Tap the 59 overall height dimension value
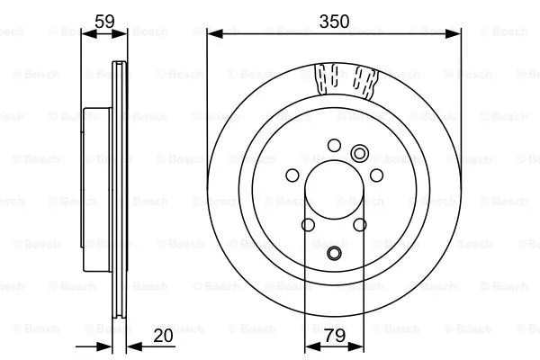pos(104,18)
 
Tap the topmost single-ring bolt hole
pos(335,144)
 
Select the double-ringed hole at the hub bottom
pos(335,254)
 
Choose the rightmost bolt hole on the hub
pos(377,175)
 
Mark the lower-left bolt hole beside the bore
pos(308,226)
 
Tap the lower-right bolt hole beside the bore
pos(361,226)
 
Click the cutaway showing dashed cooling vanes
pos(346,79)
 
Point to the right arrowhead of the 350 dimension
pos(455,32)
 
